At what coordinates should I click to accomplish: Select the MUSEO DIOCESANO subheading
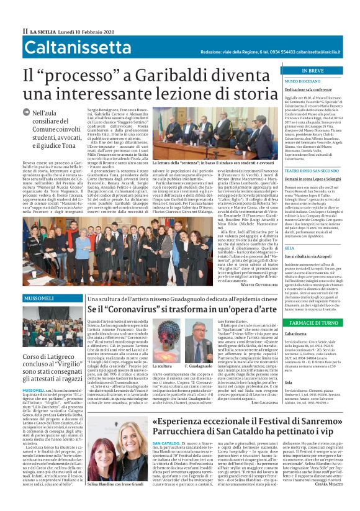click(302, 81)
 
